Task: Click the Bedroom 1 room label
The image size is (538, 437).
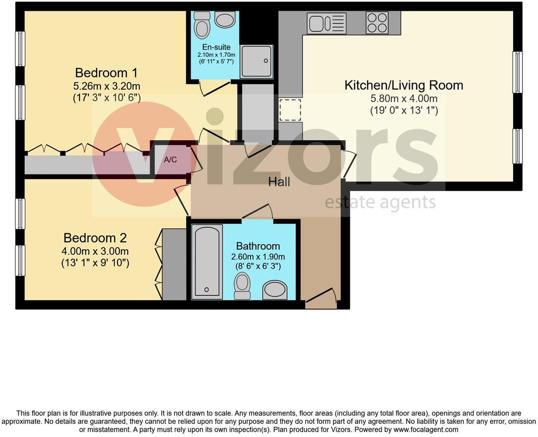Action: pos(106,73)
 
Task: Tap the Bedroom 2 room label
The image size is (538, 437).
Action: pos(95,238)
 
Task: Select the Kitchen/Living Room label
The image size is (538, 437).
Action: pos(403,85)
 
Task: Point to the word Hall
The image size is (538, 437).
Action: pos(279,182)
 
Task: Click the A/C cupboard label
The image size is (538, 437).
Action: pos(171,159)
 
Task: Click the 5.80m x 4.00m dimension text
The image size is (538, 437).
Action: pos(403,99)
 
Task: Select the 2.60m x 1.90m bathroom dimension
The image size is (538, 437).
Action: pos(258,257)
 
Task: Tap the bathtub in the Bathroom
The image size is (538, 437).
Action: pos(207,261)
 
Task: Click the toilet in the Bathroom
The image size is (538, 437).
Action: pos(242,285)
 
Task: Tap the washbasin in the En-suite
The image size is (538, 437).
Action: pos(225,20)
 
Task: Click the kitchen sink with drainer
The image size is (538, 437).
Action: pos(327,23)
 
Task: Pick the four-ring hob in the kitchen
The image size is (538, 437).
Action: pos(377,23)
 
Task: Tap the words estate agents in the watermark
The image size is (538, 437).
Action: pos(380,202)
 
